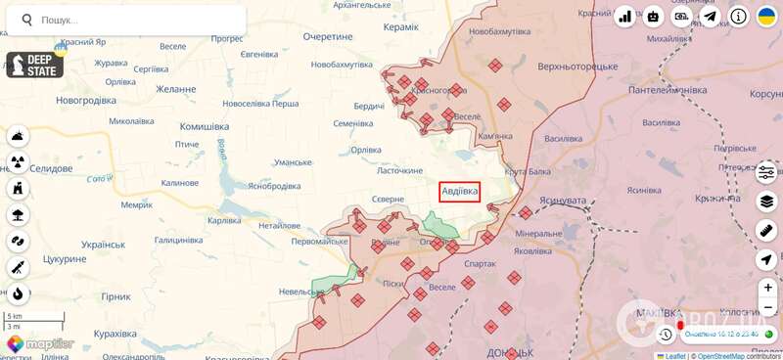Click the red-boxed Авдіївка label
tap(459, 192)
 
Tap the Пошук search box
tap(127, 20)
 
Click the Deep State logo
tap(34, 66)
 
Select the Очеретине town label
tap(327, 36)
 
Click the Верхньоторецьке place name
tap(577, 67)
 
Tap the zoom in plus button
tap(766, 288)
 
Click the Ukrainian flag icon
tap(766, 17)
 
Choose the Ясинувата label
tap(562, 200)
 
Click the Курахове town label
tap(121, 335)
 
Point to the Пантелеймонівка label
tap(668, 89)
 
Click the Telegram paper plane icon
tap(710, 17)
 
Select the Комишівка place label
tap(204, 126)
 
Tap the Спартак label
tap(481, 263)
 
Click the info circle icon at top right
tap(738, 17)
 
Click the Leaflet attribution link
tap(674, 355)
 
